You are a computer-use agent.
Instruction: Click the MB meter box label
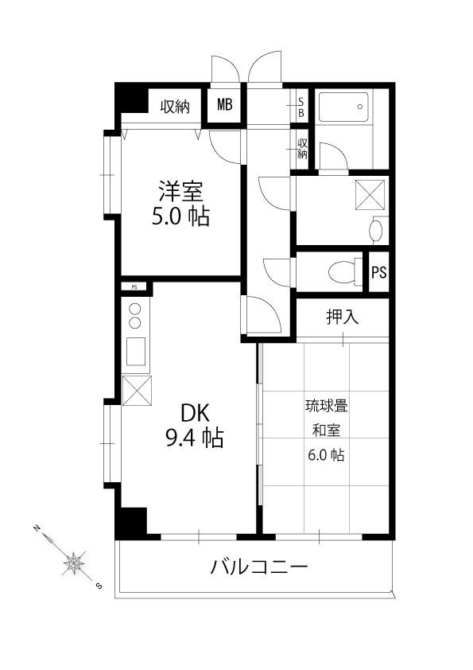click(x=225, y=104)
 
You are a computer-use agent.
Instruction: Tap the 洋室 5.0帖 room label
click(x=181, y=204)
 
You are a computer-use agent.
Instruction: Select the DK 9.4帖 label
click(x=194, y=426)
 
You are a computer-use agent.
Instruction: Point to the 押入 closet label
click(x=343, y=317)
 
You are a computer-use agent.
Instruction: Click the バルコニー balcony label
click(x=259, y=567)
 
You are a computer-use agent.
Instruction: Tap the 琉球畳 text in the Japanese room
click(x=326, y=406)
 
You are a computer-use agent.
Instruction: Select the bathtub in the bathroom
click(x=343, y=107)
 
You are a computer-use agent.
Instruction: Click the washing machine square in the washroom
click(x=370, y=195)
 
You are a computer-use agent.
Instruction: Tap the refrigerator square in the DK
click(x=137, y=390)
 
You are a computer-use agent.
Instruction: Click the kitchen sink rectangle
click(x=136, y=351)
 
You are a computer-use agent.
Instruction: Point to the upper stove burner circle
click(x=135, y=309)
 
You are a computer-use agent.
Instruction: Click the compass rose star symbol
click(x=74, y=563)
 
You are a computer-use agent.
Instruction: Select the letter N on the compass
click(x=37, y=528)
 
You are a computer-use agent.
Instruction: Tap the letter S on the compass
click(x=99, y=586)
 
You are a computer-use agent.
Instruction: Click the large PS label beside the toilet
click(x=378, y=272)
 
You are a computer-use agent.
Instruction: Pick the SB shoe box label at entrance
click(x=301, y=107)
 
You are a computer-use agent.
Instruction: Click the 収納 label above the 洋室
click(x=175, y=107)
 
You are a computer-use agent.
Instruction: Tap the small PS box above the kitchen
click(x=134, y=286)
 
